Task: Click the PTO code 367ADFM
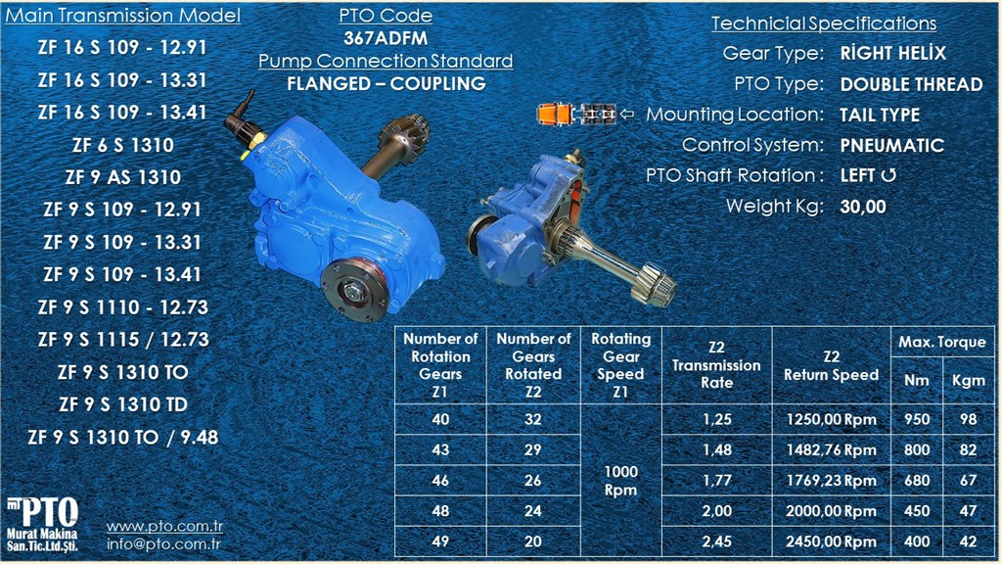point(386,38)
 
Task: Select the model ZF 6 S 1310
point(122,145)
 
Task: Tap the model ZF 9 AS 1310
point(122,177)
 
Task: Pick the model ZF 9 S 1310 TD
point(122,404)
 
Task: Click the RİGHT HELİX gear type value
point(892,53)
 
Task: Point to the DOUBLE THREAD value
point(911,84)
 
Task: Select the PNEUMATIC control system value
point(892,145)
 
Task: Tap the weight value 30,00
point(863,207)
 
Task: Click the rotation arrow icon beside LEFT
point(888,175)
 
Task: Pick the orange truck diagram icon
point(576,114)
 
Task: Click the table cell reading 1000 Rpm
point(620,480)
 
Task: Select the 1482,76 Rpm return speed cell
point(831,450)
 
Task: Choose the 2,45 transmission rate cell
point(716,541)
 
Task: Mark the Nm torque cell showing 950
point(916,419)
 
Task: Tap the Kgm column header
point(968,381)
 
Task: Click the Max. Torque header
point(942,342)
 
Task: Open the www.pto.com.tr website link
point(164,526)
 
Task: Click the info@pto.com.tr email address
point(163,544)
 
